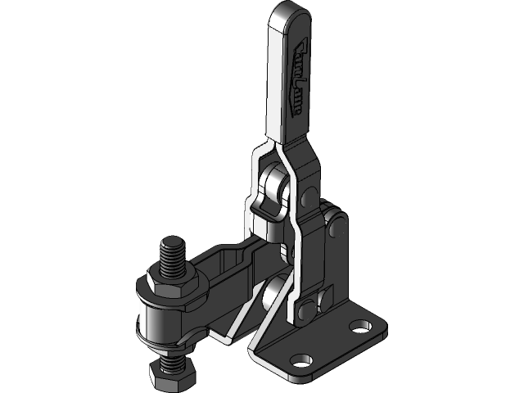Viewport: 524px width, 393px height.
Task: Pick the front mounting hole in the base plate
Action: pyautogui.click(x=304, y=360)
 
